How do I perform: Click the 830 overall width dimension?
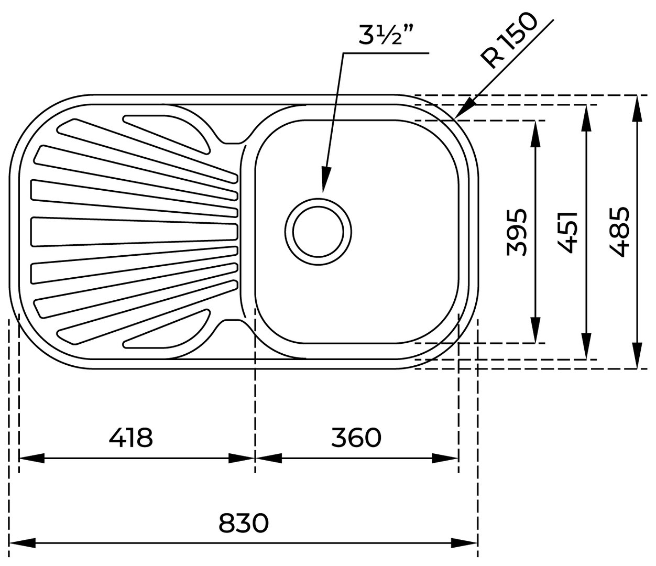[x=244, y=523]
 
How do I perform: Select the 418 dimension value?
[x=131, y=437]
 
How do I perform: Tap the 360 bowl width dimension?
[x=356, y=437]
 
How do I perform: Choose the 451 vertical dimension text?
[x=567, y=232]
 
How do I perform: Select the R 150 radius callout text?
[x=510, y=42]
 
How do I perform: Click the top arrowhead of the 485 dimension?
[x=637, y=107]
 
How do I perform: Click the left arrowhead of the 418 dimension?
[x=31, y=458]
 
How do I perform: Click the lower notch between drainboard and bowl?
[x=233, y=322]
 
